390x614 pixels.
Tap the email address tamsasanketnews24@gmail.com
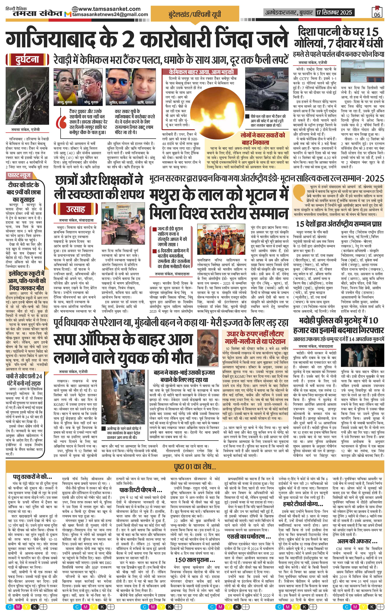click(110, 15)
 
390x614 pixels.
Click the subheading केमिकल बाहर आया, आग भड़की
click(201, 72)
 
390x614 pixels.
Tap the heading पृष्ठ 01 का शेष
click(195, 467)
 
